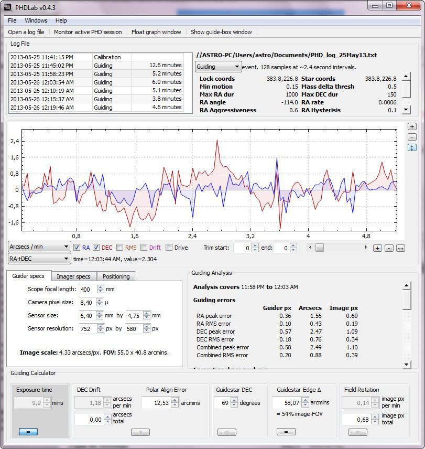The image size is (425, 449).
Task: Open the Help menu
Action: (x=61, y=20)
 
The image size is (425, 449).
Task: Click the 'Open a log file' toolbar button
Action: (x=26, y=32)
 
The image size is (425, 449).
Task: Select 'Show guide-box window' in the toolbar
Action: (x=221, y=32)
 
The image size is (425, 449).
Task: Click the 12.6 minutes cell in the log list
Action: (x=165, y=66)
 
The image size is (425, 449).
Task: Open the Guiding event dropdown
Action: (x=218, y=67)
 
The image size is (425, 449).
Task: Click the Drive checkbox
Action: (x=169, y=248)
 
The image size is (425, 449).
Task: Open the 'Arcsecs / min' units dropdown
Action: (x=39, y=247)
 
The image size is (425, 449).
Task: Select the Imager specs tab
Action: (x=73, y=276)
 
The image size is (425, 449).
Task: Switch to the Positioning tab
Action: (x=116, y=276)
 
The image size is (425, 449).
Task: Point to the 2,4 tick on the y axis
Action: (x=15, y=141)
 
